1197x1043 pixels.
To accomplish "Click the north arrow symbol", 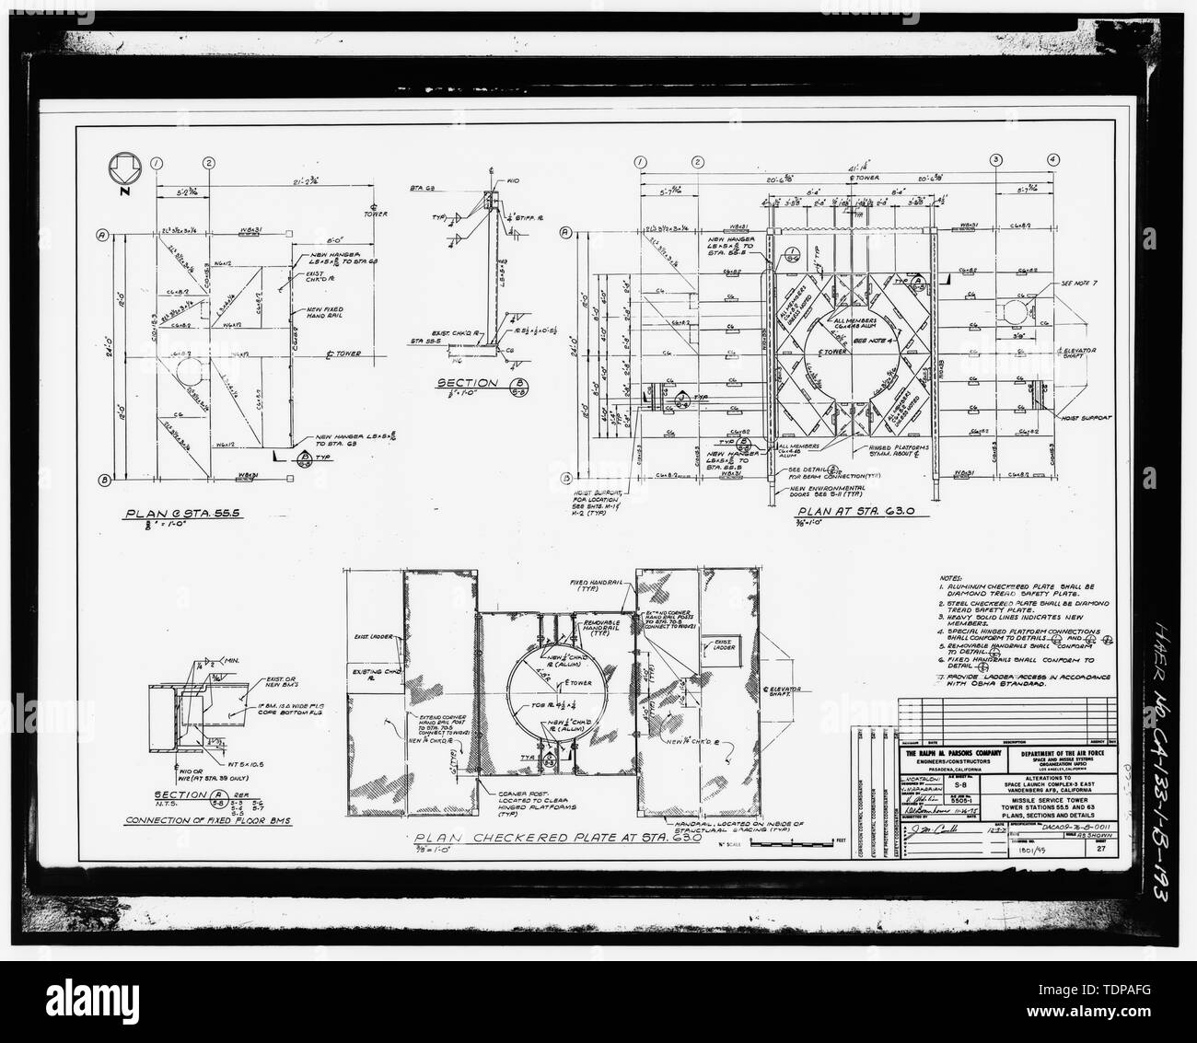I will coord(123,171).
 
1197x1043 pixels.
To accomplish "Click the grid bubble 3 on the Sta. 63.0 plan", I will coord(995,161).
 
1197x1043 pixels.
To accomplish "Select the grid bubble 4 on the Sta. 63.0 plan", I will coord(1052,161).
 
